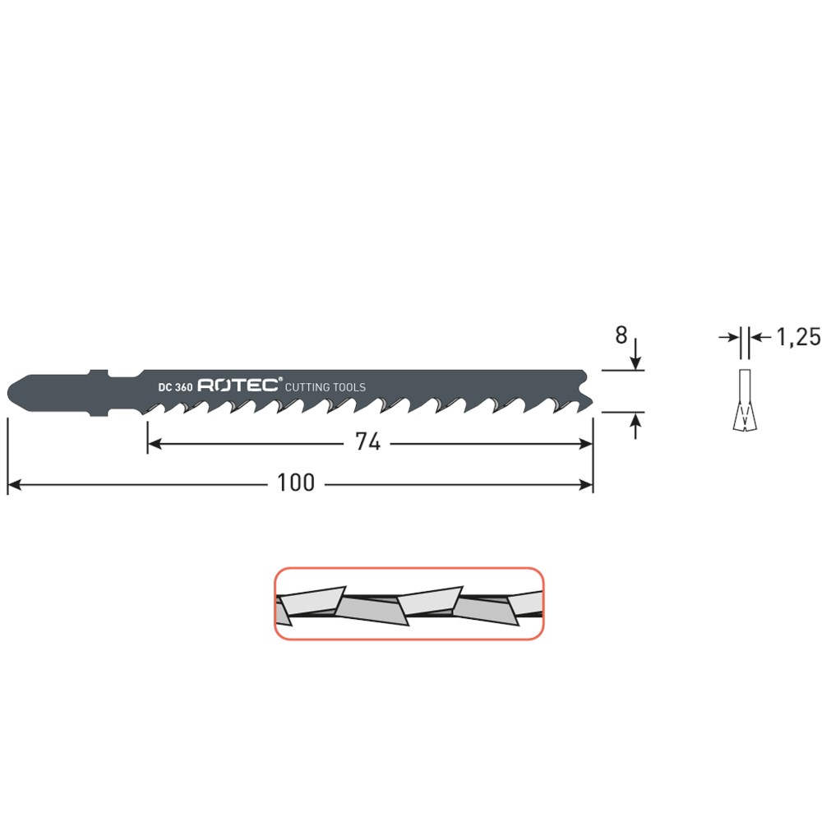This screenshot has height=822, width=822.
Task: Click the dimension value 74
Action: coord(367,442)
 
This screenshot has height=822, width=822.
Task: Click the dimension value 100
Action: coord(296,483)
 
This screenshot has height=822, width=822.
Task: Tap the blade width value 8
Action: coord(621,335)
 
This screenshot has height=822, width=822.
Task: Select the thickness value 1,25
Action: coord(798,337)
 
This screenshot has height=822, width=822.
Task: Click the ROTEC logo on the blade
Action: coord(238,386)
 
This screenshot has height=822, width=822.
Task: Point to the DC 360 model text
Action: coord(175,387)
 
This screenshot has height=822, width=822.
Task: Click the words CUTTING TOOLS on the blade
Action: coord(325,387)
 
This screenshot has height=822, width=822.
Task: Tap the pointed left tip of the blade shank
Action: coord(8,392)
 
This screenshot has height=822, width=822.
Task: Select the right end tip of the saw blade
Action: coord(593,403)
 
